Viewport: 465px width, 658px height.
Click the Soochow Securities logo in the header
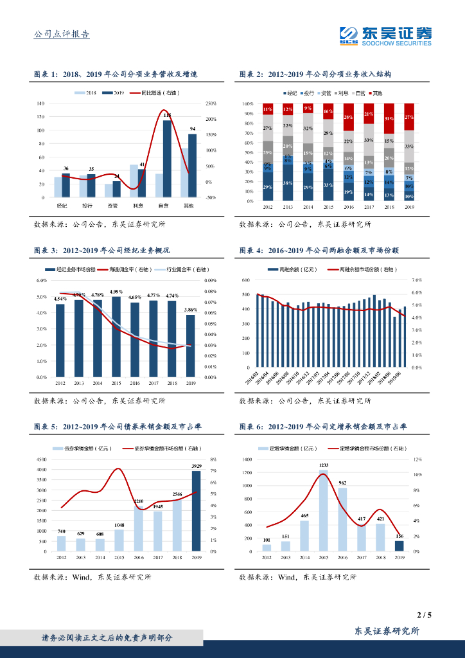[x=385, y=35]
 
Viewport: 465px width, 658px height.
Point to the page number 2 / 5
[x=424, y=615]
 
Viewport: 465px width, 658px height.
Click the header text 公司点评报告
[x=61, y=35]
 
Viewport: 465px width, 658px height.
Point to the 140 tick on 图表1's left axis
[x=40, y=103]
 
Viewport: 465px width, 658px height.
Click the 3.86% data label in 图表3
[x=191, y=310]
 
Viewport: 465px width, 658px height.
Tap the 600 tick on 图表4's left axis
[x=245, y=281]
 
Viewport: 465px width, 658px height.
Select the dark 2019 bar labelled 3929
[x=197, y=511]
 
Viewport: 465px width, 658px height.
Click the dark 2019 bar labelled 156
[x=399, y=546]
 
